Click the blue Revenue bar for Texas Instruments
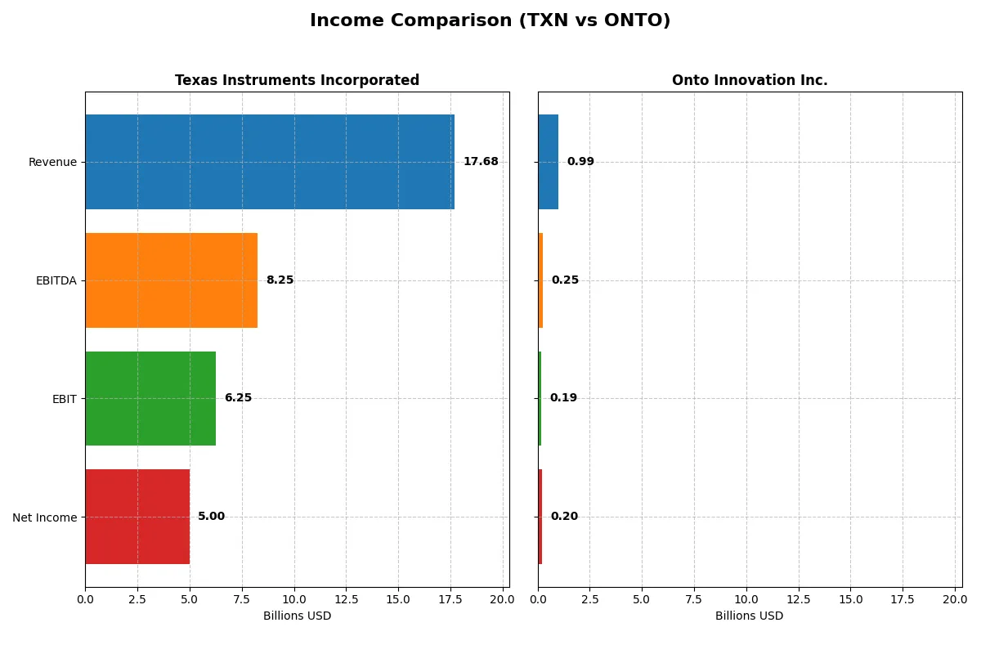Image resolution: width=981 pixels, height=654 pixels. click(x=270, y=162)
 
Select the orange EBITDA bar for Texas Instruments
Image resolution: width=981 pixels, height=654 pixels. click(x=172, y=280)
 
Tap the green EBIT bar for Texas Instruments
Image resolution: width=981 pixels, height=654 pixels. click(x=150, y=398)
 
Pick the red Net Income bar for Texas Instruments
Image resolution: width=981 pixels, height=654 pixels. click(x=137, y=517)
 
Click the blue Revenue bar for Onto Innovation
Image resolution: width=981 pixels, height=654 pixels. click(x=548, y=162)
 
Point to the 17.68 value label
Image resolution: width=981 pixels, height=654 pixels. click(x=481, y=162)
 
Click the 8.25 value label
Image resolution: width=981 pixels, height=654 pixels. click(x=280, y=280)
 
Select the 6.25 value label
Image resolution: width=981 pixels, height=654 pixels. click(x=238, y=398)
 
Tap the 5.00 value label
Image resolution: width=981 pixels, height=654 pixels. click(x=211, y=517)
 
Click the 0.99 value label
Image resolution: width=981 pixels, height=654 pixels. click(x=580, y=162)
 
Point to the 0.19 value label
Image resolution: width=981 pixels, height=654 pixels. click(x=563, y=398)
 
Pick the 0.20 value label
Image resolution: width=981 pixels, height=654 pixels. click(x=564, y=517)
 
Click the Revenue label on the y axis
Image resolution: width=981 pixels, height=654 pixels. click(x=52, y=162)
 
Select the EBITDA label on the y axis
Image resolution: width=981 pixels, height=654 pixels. click(x=56, y=280)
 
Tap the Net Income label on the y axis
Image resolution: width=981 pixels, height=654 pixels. click(x=44, y=517)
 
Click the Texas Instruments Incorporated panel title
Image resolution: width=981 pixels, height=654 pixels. click(x=297, y=80)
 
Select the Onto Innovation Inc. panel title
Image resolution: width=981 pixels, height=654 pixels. click(x=750, y=80)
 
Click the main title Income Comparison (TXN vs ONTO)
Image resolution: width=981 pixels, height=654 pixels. click(x=490, y=21)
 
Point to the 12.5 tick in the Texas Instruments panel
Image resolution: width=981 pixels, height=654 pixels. click(x=346, y=599)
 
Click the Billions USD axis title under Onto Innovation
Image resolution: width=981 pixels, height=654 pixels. click(x=749, y=616)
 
